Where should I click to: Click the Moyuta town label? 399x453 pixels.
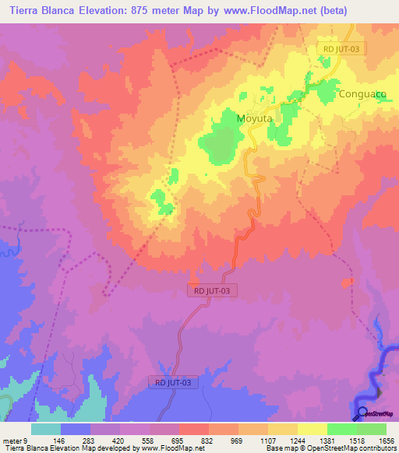(253, 119)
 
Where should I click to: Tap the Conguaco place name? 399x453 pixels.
(362, 94)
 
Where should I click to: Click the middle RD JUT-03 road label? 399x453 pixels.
(213, 290)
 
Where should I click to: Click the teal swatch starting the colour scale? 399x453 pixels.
(46, 429)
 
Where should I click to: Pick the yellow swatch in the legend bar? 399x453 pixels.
(312, 429)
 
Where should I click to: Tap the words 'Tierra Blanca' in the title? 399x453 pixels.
(39, 11)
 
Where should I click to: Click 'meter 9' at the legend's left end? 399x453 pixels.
(17, 440)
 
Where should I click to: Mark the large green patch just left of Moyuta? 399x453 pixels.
(220, 144)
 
